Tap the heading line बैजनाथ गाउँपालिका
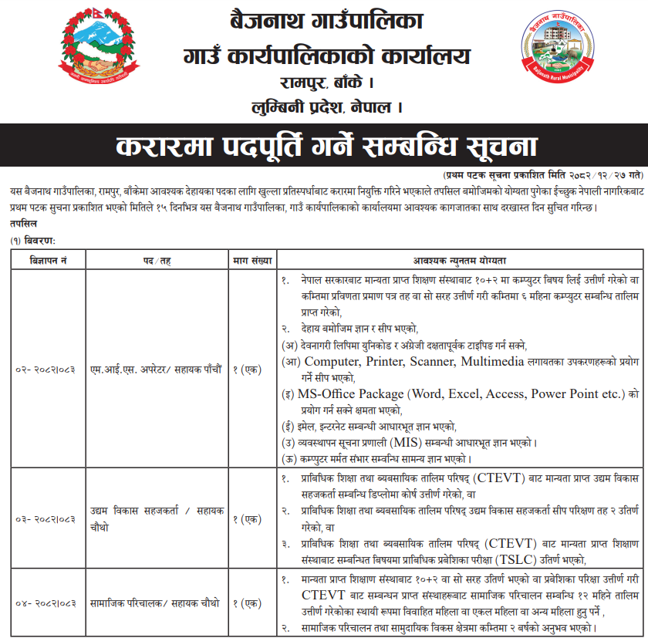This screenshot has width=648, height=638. (323, 21)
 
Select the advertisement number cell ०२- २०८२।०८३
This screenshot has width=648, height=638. (46, 370)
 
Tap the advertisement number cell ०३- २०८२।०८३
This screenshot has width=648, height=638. (46, 519)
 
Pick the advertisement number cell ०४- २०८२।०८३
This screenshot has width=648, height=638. (46, 603)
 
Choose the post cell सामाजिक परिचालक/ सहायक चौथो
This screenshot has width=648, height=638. (154, 603)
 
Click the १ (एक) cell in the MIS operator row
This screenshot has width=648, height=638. (251, 370)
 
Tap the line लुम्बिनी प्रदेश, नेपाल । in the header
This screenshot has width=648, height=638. (325, 106)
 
